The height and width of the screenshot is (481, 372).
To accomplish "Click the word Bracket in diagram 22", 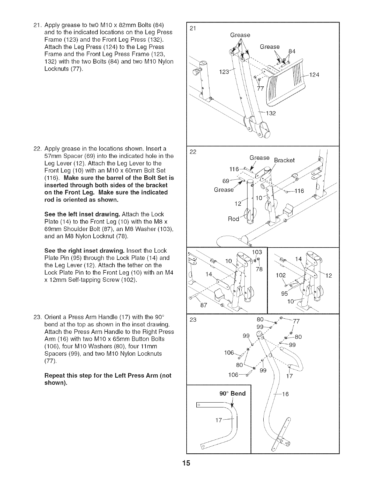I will coord(284,160).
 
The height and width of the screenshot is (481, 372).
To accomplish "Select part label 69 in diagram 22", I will coord(226,181).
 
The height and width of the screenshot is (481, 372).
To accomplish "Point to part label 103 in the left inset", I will coord(257,252).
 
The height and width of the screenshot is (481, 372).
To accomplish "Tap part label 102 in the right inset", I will coord(280,275).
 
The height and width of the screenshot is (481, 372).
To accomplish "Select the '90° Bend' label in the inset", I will coord(232,394).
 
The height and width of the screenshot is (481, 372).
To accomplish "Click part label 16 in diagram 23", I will coord(285,395).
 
